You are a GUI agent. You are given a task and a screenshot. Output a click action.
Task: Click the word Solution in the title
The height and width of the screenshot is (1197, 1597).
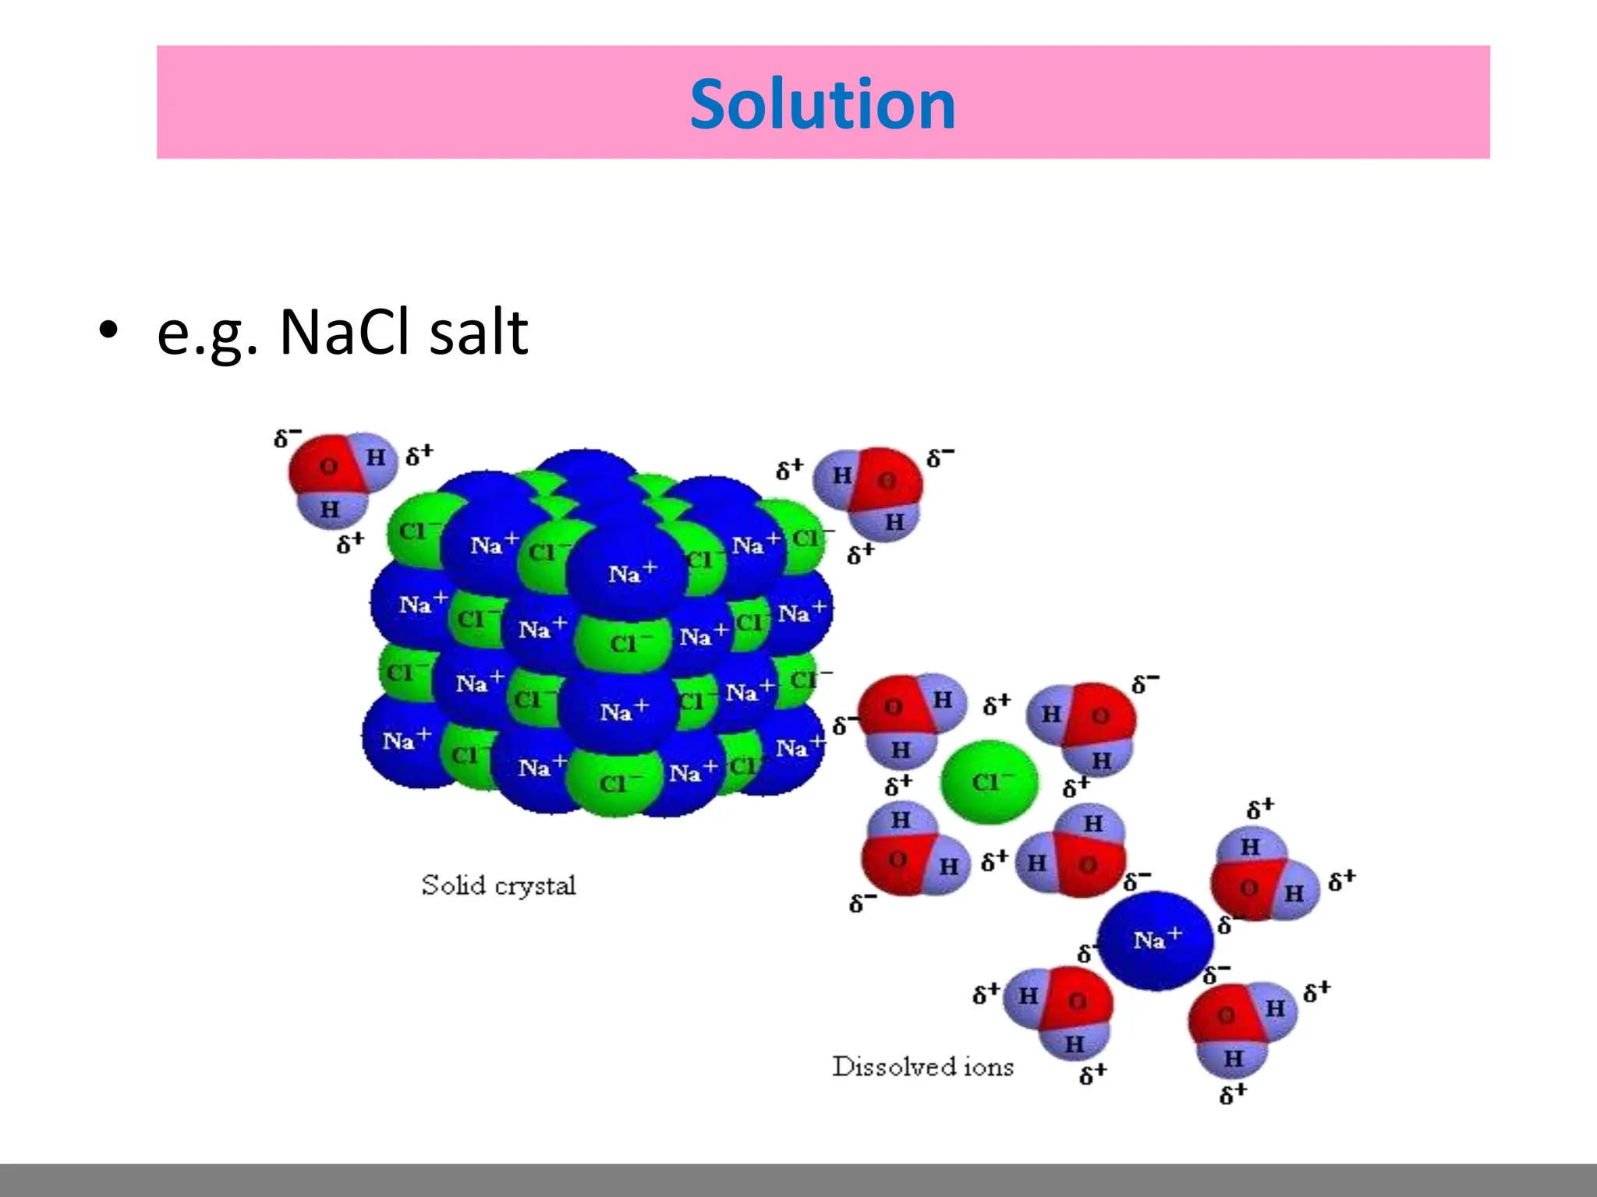tap(823, 104)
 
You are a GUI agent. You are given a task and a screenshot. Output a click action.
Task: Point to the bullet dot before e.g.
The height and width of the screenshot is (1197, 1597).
tap(108, 330)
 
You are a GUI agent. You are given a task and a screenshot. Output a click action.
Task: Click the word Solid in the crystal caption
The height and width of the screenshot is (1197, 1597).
tap(452, 885)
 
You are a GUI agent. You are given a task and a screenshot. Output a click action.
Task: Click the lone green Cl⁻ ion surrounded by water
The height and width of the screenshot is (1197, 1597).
tap(989, 781)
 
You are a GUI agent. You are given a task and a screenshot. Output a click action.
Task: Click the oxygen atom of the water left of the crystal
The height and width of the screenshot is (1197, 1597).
tap(328, 466)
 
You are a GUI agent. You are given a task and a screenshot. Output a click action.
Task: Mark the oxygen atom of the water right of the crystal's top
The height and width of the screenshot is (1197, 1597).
tap(887, 480)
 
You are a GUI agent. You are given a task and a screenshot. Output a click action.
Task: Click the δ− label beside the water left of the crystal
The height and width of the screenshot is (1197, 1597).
tap(287, 438)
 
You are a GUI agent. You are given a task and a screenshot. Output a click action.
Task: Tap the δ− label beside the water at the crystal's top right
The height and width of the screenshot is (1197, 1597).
tap(940, 457)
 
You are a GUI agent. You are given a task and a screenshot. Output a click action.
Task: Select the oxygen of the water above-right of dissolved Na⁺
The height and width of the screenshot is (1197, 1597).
tap(1248, 888)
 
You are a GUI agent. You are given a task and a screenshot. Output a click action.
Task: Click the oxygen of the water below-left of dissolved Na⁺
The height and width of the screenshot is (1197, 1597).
tap(1077, 1001)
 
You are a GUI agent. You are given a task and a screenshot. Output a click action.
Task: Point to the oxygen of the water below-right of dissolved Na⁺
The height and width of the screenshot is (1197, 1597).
tap(1225, 1015)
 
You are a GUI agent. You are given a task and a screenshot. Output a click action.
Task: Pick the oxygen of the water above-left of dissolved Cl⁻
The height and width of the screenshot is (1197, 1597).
tap(893, 707)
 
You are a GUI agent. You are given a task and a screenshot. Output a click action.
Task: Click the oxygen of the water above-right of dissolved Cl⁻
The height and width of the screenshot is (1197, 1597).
tap(1100, 715)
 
